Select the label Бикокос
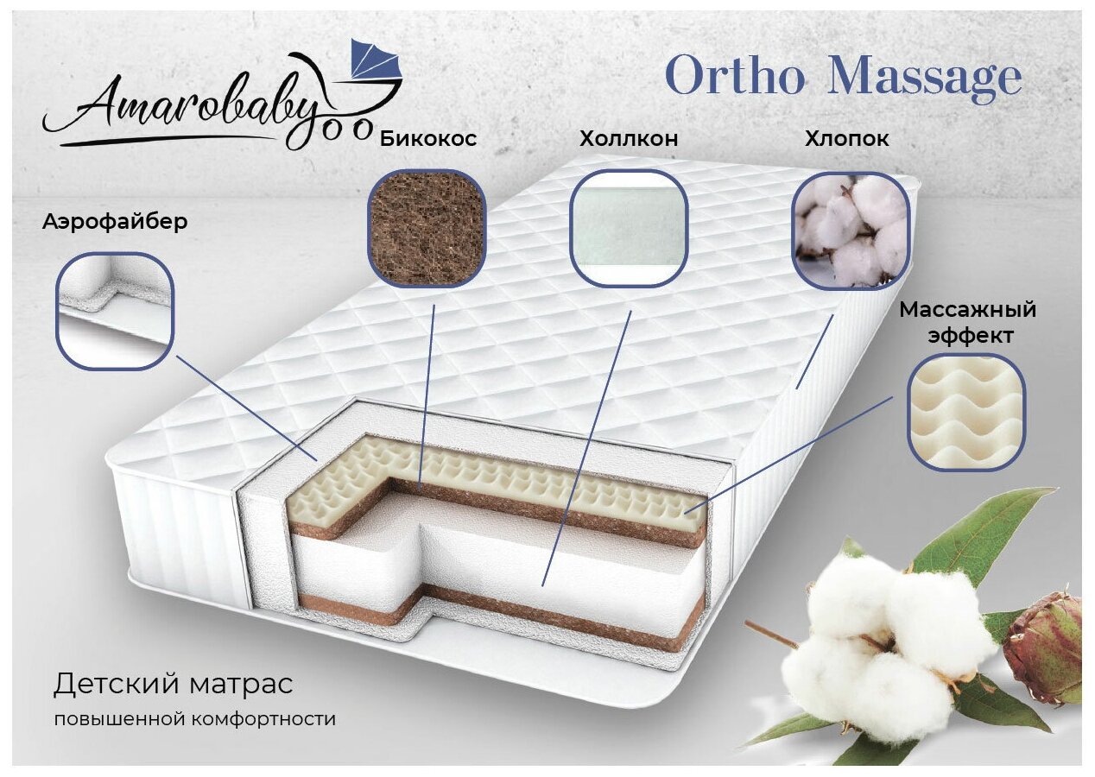[x=427, y=139]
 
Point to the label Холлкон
[x=629, y=139]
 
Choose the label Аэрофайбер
[x=115, y=222]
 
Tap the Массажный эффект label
[x=968, y=322]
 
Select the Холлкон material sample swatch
[x=630, y=227]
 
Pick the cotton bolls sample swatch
[x=850, y=228]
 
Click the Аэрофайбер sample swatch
[x=115, y=310]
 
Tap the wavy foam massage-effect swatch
[x=965, y=413]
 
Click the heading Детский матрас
[x=173, y=685]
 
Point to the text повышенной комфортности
[x=194, y=718]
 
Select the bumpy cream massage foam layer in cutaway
[x=518, y=483]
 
